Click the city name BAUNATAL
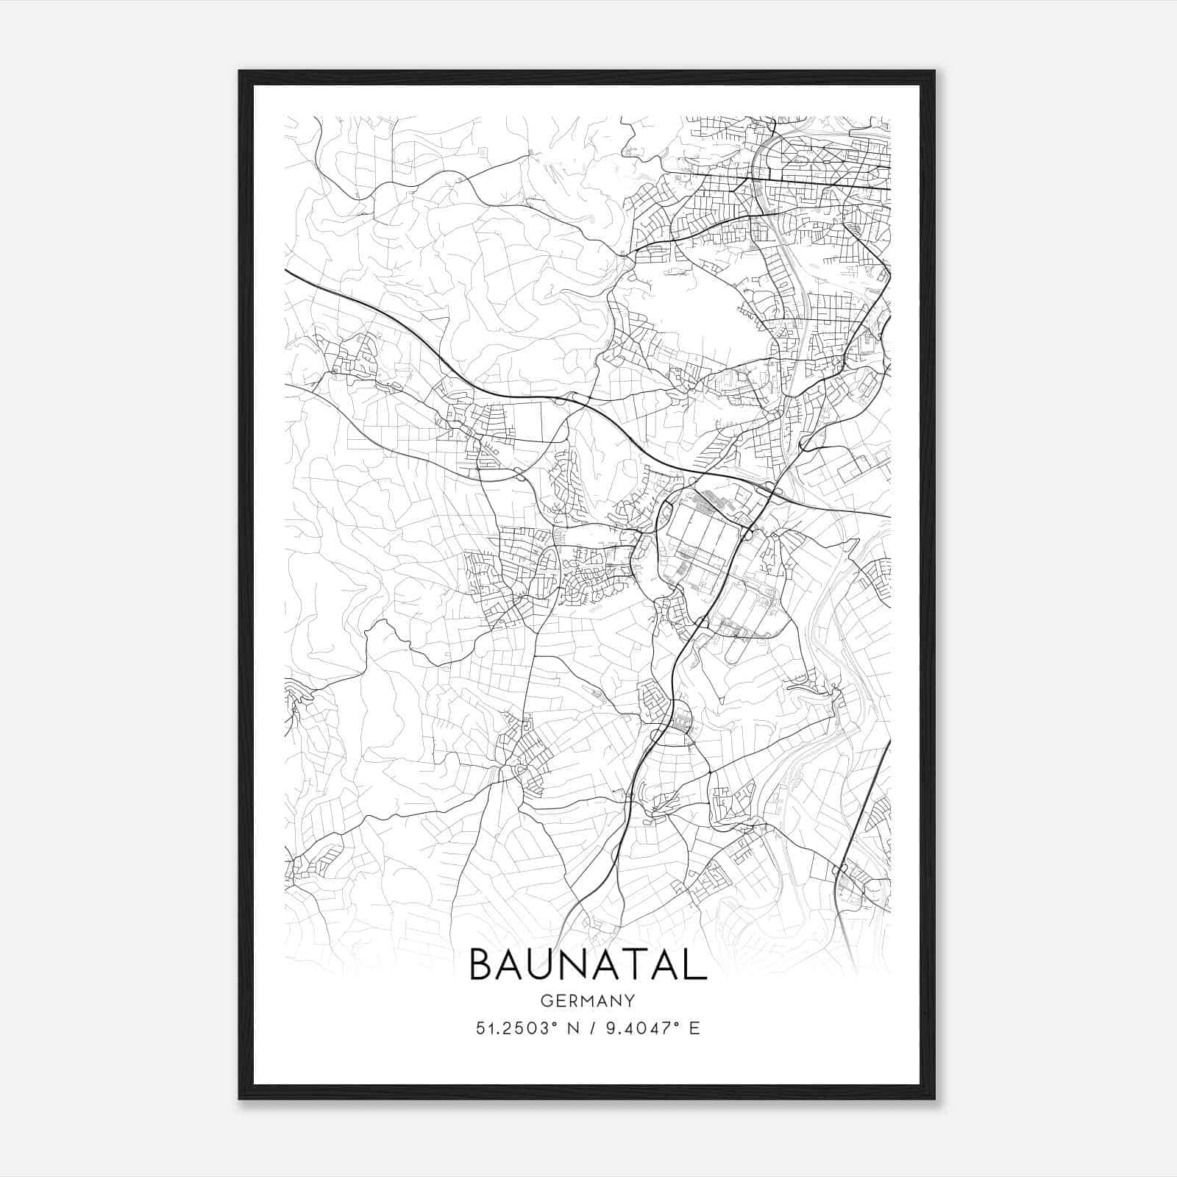coord(587,964)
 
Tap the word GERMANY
coord(587,1000)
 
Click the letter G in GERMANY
coord(546,1000)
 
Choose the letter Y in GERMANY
coord(630,1000)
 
